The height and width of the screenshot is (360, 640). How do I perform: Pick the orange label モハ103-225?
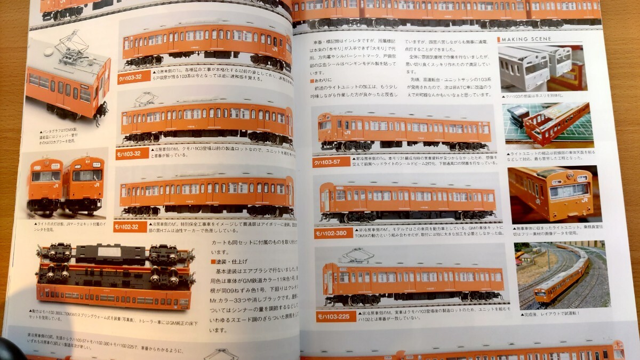click(335, 316)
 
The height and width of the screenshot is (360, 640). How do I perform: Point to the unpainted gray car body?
click(528, 67)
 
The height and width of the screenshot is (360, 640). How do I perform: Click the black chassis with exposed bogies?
click(115, 261)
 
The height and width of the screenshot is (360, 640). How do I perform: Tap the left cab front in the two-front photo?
click(45, 184)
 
